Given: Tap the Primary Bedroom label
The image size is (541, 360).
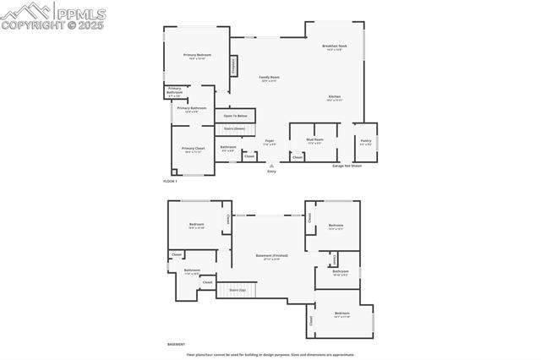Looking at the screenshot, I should tap(197, 56).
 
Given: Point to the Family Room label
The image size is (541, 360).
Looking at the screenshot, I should tap(269, 78).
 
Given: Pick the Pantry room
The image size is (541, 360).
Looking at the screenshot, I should tap(365, 142).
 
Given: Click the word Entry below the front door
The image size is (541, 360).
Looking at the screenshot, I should tap(271, 172).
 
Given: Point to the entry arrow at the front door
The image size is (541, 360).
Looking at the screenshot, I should tap(271, 166).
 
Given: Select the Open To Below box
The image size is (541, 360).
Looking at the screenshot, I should tap(235, 116).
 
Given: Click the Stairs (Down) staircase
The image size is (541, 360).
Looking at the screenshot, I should tap(235, 129).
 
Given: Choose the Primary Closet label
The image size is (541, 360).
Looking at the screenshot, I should tap(192, 149).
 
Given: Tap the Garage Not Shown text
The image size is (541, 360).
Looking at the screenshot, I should tap(347, 166).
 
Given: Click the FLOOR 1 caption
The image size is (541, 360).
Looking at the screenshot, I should tap(170, 182).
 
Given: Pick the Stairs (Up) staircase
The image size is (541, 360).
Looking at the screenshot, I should tap(237, 290).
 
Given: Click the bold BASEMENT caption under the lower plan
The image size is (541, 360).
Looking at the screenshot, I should tap(176, 345).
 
